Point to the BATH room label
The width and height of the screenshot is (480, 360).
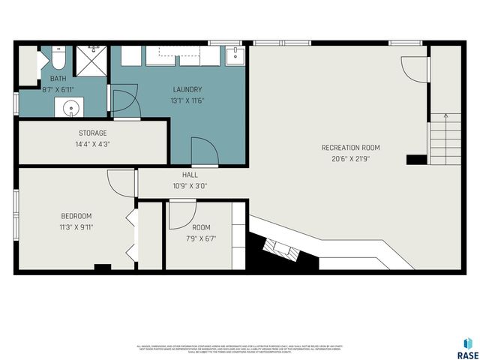pyautogui.click(x=58, y=78)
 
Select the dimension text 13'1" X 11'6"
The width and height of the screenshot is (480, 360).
pyautogui.click(x=187, y=100)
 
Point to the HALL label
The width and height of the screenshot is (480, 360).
pyautogui.click(x=190, y=175)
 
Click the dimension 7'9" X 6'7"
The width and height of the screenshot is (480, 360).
pyautogui.click(x=201, y=238)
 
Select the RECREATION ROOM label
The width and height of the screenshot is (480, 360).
pyautogui.click(x=346, y=147)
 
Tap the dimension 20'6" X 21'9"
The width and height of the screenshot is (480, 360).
pyautogui.click(x=346, y=158)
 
